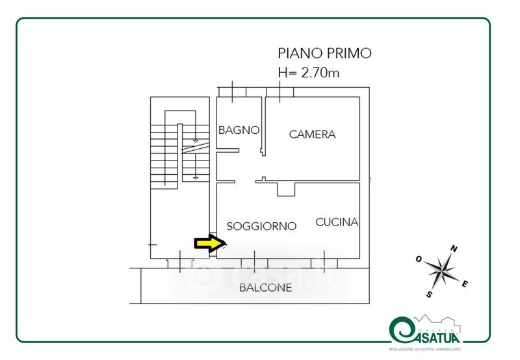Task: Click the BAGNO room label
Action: click(x=239, y=130)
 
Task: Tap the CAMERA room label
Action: click(x=312, y=135)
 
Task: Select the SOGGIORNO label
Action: click(x=261, y=226)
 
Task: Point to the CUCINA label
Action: click(x=337, y=222)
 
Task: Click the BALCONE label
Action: click(x=265, y=287)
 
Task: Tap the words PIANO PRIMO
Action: click(x=324, y=53)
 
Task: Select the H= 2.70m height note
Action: click(x=308, y=73)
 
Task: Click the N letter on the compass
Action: click(x=454, y=248)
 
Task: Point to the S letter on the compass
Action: click(x=430, y=294)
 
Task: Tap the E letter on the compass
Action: click(x=465, y=283)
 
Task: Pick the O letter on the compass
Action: click(x=419, y=259)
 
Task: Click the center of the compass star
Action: click(x=442, y=270)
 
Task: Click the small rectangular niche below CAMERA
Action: click(x=286, y=189)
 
